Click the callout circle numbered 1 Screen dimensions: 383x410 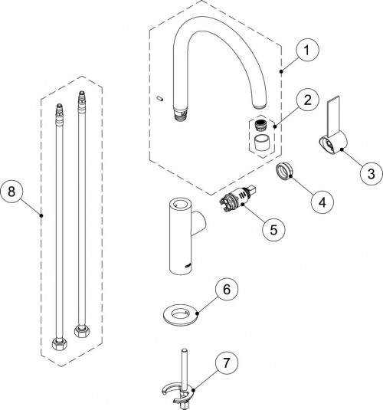(x=307, y=50)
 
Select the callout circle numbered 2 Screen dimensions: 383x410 (x=308, y=100)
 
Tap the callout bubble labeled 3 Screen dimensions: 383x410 (x=371, y=174)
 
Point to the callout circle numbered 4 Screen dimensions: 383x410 (x=322, y=202)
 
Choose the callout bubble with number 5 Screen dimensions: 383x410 (x=273, y=230)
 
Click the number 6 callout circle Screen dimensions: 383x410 (x=227, y=289)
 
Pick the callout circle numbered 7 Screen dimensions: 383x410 (x=227, y=362)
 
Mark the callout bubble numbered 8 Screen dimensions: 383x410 (x=11, y=192)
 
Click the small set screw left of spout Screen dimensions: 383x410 (x=160, y=98)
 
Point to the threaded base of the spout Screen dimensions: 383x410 (x=181, y=113)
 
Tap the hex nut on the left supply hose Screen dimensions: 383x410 (x=60, y=344)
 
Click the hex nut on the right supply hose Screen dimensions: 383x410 (x=82, y=331)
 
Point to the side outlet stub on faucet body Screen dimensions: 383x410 (x=199, y=222)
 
